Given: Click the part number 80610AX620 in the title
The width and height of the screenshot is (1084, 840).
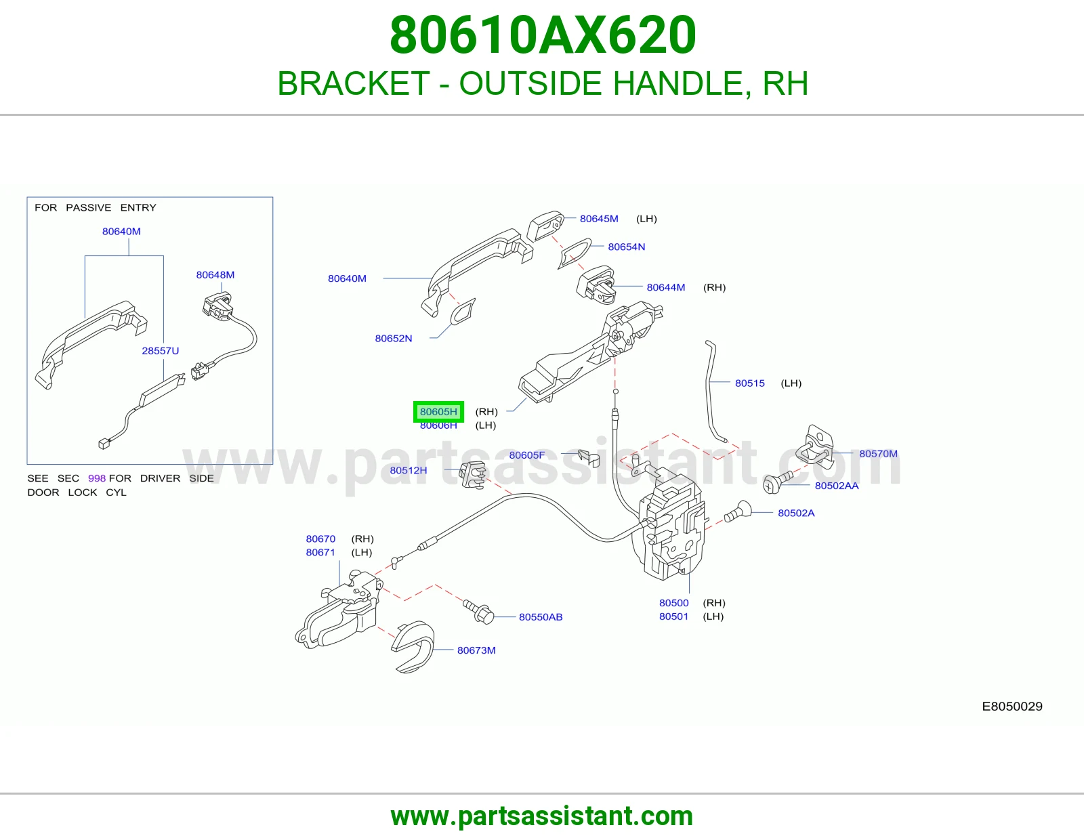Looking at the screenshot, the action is tap(542, 35).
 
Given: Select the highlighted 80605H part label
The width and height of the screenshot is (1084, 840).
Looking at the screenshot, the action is tap(438, 411).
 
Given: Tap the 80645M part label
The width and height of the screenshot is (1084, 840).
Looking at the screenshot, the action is tap(599, 219).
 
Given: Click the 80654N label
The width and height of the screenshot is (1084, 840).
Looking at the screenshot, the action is tap(626, 247).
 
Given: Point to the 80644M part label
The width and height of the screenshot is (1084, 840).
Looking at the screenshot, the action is tap(665, 287).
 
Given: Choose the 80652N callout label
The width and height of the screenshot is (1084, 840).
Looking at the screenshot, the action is tap(393, 338).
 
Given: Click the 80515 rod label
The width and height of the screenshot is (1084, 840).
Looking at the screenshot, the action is tap(749, 383).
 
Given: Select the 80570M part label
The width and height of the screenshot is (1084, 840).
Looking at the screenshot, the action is tap(878, 453).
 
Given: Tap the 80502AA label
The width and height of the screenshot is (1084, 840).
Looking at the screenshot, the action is tap(837, 485).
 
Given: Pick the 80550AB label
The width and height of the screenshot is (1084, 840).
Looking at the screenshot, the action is tap(540, 616).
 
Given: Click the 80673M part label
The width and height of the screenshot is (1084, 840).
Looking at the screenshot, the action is tap(476, 650).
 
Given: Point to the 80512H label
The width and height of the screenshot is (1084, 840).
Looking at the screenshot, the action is tap(408, 470).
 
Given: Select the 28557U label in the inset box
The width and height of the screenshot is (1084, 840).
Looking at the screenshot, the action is tap(160, 351).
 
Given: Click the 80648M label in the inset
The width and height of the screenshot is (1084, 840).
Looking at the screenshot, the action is tap(215, 275).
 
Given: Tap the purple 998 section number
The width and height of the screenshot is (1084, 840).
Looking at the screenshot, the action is tap(97, 478).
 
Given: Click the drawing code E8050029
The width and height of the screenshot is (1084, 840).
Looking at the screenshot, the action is tap(1012, 706).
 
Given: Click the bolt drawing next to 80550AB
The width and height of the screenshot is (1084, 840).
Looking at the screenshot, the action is tap(478, 612).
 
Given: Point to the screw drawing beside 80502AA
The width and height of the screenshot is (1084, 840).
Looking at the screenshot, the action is tap(777, 482).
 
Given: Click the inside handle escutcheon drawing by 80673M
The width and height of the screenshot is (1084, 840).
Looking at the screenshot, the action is tap(413, 647).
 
